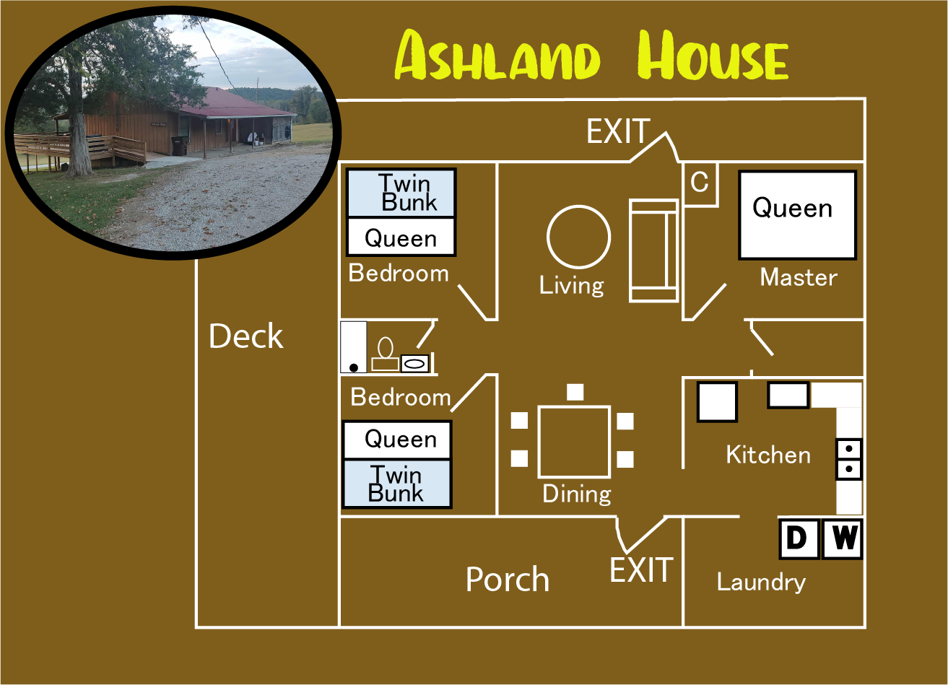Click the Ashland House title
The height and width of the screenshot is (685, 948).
(592, 56)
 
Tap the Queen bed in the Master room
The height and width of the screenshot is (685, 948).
(797, 214)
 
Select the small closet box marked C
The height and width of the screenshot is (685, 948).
(699, 183)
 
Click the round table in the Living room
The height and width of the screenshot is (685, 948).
(578, 237)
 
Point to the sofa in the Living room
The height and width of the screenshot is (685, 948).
(653, 250)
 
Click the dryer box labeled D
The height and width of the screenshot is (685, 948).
(799, 538)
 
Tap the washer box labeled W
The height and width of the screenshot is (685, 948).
(843, 538)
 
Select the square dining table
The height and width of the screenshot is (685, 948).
(575, 441)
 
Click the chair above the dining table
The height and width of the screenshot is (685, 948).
(575, 392)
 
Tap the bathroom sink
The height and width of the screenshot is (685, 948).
(414, 362)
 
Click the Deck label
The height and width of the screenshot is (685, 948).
(246, 336)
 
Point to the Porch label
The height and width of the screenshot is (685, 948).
(508, 580)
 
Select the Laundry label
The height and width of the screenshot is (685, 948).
(761, 582)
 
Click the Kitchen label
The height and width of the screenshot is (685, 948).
(768, 455)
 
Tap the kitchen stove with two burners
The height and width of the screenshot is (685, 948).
(849, 459)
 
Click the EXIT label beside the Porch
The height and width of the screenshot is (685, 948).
(641, 570)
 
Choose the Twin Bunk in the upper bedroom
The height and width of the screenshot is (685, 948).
(401, 193)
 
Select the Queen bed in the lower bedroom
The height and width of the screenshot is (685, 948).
(397, 440)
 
